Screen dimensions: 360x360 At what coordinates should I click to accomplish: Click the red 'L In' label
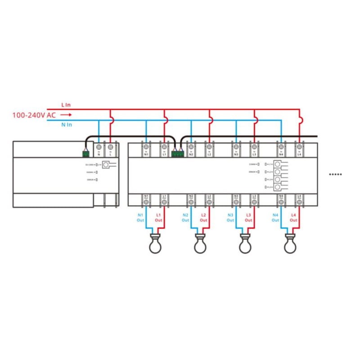(66, 105)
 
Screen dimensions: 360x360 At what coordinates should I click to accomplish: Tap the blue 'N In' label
(66, 125)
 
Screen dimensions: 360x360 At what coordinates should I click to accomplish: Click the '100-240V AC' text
(34, 115)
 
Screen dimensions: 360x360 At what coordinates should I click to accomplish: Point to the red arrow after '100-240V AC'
(66, 115)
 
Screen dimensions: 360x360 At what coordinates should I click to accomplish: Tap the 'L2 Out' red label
(203, 218)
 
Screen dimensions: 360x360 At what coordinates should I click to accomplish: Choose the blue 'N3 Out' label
(230, 218)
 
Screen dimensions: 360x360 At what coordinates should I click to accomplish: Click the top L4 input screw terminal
(299, 147)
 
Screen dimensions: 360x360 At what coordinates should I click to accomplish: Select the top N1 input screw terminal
(146, 147)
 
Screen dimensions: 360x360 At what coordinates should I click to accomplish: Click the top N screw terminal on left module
(99, 147)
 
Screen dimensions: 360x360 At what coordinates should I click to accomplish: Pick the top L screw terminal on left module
(110, 147)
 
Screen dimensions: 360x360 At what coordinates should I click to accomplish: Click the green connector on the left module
(85, 153)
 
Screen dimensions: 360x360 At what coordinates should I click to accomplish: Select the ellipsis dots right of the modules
(336, 174)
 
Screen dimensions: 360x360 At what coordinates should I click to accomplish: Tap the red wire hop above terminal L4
(301, 120)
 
